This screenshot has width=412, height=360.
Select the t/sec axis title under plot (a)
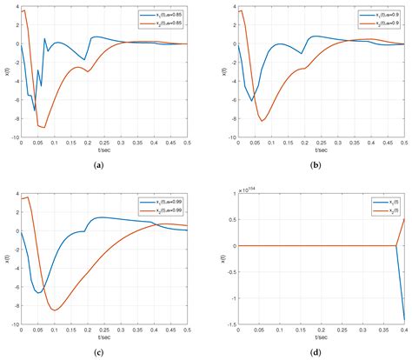(x=103, y=150)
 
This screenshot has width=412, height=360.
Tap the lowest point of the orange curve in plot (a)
(x=43, y=128)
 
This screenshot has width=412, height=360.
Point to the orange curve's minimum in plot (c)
(x=56, y=310)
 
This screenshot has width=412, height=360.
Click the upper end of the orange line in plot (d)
(x=403, y=218)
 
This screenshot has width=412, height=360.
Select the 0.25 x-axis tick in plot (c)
(x=103, y=330)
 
